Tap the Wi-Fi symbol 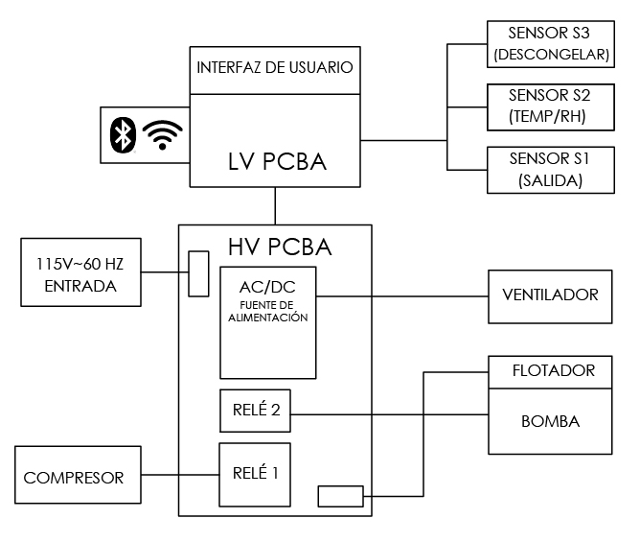coord(161,135)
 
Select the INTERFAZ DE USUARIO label coord(275,68)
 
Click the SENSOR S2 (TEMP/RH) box coord(550,106)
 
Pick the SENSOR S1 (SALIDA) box coord(550,169)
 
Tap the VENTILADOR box coord(550,294)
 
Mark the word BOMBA coord(550,421)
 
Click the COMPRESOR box coord(74,477)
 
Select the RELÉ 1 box coord(256,473)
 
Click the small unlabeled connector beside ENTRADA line coord(198,273)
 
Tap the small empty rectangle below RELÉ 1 coord(340,496)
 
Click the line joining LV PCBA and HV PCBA coord(275,205)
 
